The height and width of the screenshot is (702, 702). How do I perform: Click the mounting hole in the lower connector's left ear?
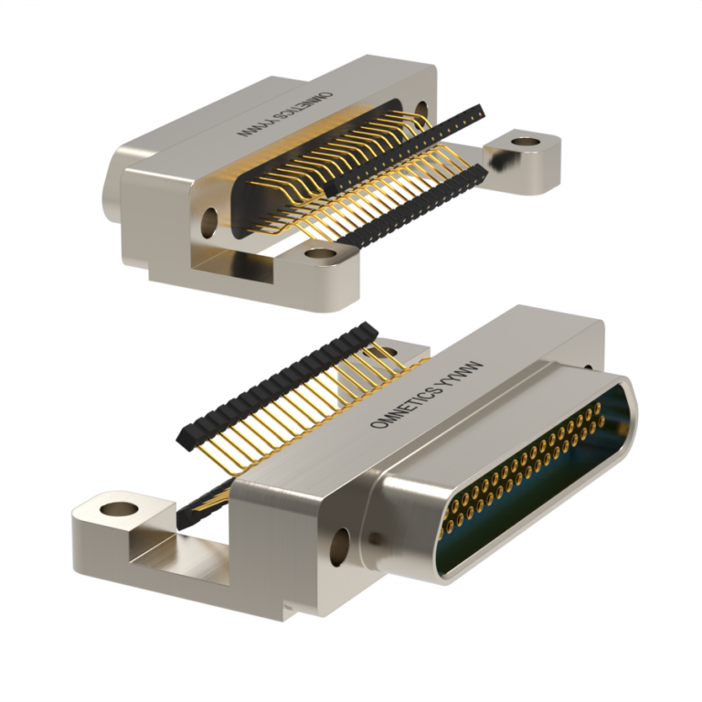(x=118, y=505)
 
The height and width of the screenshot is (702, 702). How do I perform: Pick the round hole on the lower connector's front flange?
(x=345, y=543)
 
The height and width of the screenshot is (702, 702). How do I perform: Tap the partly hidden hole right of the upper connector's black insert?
(x=421, y=111)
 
